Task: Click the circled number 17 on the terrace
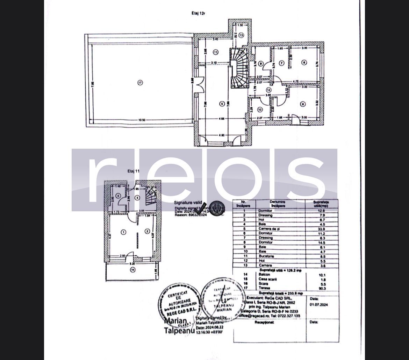pyautogui.click(x=140, y=83)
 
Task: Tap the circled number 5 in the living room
pyautogui.click(x=221, y=104)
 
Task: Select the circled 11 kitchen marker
pyautogui.click(x=215, y=52)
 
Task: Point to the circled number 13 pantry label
pyautogui.click(x=241, y=35)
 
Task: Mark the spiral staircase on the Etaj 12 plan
pyautogui.click(x=238, y=67)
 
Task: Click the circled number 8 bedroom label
pyautogui.click(x=303, y=104)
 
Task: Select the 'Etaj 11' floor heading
pyautogui.click(x=134, y=171)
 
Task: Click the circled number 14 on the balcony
pyautogui.click(x=132, y=269)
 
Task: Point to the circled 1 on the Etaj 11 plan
pyautogui.click(x=123, y=232)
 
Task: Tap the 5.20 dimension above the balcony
pyautogui.click(x=131, y=263)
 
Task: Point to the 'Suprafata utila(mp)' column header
pyautogui.click(x=321, y=204)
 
